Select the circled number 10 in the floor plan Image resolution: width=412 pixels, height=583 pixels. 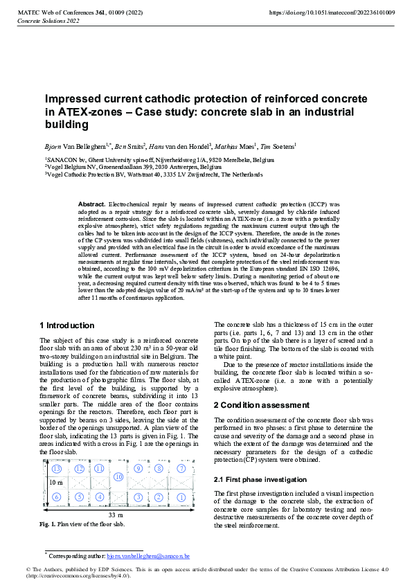click(x=118, y=477)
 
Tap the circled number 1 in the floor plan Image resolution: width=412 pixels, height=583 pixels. click(x=181, y=496)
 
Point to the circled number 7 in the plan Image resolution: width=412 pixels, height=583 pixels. click(x=181, y=469)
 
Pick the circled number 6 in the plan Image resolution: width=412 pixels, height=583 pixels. click(x=57, y=496)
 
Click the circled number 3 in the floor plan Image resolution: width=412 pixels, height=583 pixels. click(x=139, y=496)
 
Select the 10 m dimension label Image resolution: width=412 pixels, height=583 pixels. click(x=55, y=481)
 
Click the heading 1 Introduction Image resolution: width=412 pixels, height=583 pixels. click(x=67, y=325)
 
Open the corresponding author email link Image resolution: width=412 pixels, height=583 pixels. click(x=148, y=556)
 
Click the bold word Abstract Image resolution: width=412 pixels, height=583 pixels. click(x=91, y=205)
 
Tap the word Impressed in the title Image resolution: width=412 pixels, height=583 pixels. click(x=78, y=99)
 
